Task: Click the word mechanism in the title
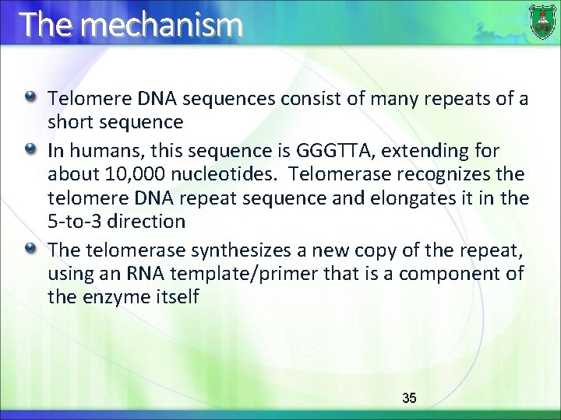tap(161, 25)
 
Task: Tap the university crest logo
tap(542, 22)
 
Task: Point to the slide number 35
tap(409, 398)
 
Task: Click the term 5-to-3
tap(76, 221)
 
